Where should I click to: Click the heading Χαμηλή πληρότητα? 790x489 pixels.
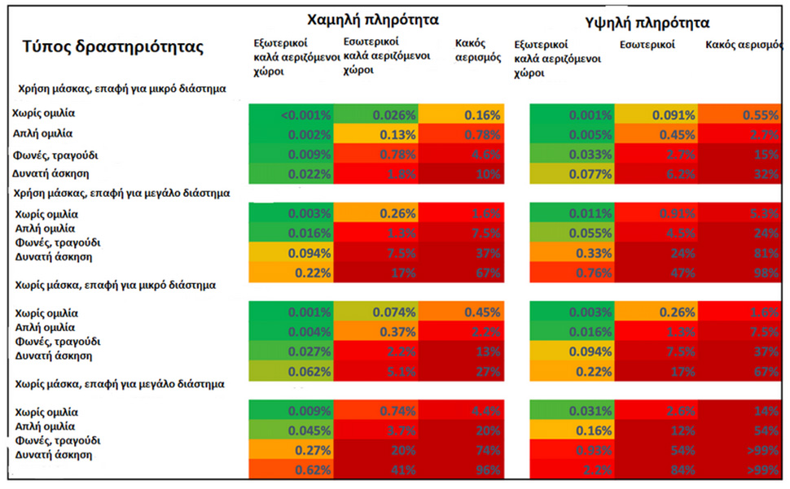(x=374, y=19)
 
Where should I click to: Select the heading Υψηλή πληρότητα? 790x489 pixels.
(x=647, y=22)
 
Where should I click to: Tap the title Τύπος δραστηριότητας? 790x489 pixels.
(x=112, y=46)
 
